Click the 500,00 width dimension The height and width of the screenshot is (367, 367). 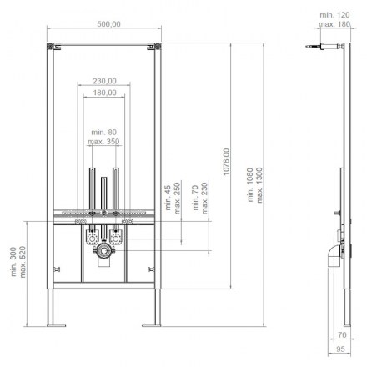pos(108,24)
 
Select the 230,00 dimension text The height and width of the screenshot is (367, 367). pos(104,81)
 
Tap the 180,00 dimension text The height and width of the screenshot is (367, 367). pos(104,93)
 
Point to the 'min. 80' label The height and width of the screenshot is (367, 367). pos(104,132)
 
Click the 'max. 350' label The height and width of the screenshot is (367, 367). pos(103,142)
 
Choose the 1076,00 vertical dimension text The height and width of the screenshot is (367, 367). pos(227,162)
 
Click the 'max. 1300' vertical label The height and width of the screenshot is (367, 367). pos(259,185)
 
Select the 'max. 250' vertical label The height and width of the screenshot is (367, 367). pos(177,199)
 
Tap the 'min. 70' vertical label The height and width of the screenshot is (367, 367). pos(195,198)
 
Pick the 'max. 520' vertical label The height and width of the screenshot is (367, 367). pos(23,262)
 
